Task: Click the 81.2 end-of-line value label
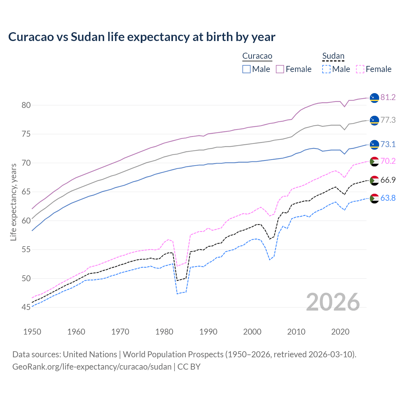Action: tap(388, 98)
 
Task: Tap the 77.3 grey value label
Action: tap(388, 120)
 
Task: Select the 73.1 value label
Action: tap(388, 145)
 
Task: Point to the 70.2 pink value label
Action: tap(388, 161)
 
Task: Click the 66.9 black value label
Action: tap(388, 180)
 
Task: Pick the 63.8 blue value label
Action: tap(388, 198)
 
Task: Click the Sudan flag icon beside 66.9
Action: tap(374, 181)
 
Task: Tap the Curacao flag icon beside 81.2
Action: tap(374, 98)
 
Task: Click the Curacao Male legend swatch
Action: tap(247, 69)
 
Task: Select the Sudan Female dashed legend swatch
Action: tap(360, 69)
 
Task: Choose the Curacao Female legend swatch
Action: tap(280, 69)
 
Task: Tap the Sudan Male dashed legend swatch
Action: tap(326, 69)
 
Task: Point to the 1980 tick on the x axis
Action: tap(164, 332)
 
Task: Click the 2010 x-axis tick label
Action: tap(296, 332)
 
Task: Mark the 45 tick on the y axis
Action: tap(26, 307)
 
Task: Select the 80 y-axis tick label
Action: tap(26, 105)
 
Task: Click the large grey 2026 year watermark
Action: tap(333, 302)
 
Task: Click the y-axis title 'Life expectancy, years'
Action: tap(14, 202)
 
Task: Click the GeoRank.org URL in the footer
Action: tap(92, 367)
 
